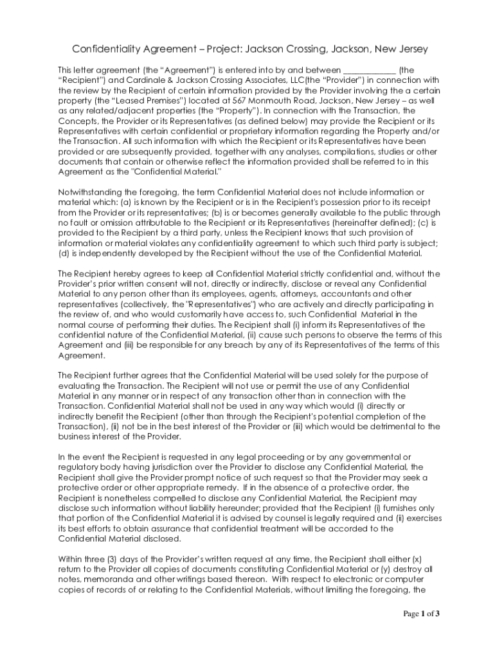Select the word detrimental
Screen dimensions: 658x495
pyautogui.click(x=370, y=426)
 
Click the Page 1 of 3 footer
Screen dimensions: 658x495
pyautogui.click(x=421, y=614)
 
